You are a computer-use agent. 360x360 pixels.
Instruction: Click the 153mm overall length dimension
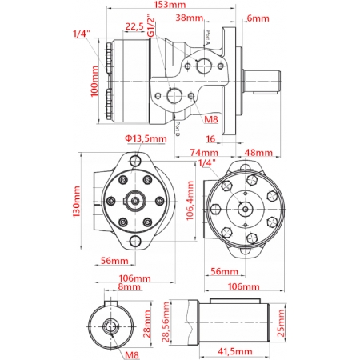coord(163,6)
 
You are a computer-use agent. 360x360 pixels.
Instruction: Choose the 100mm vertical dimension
coord(95,82)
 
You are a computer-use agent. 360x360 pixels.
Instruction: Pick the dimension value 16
coord(211,138)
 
